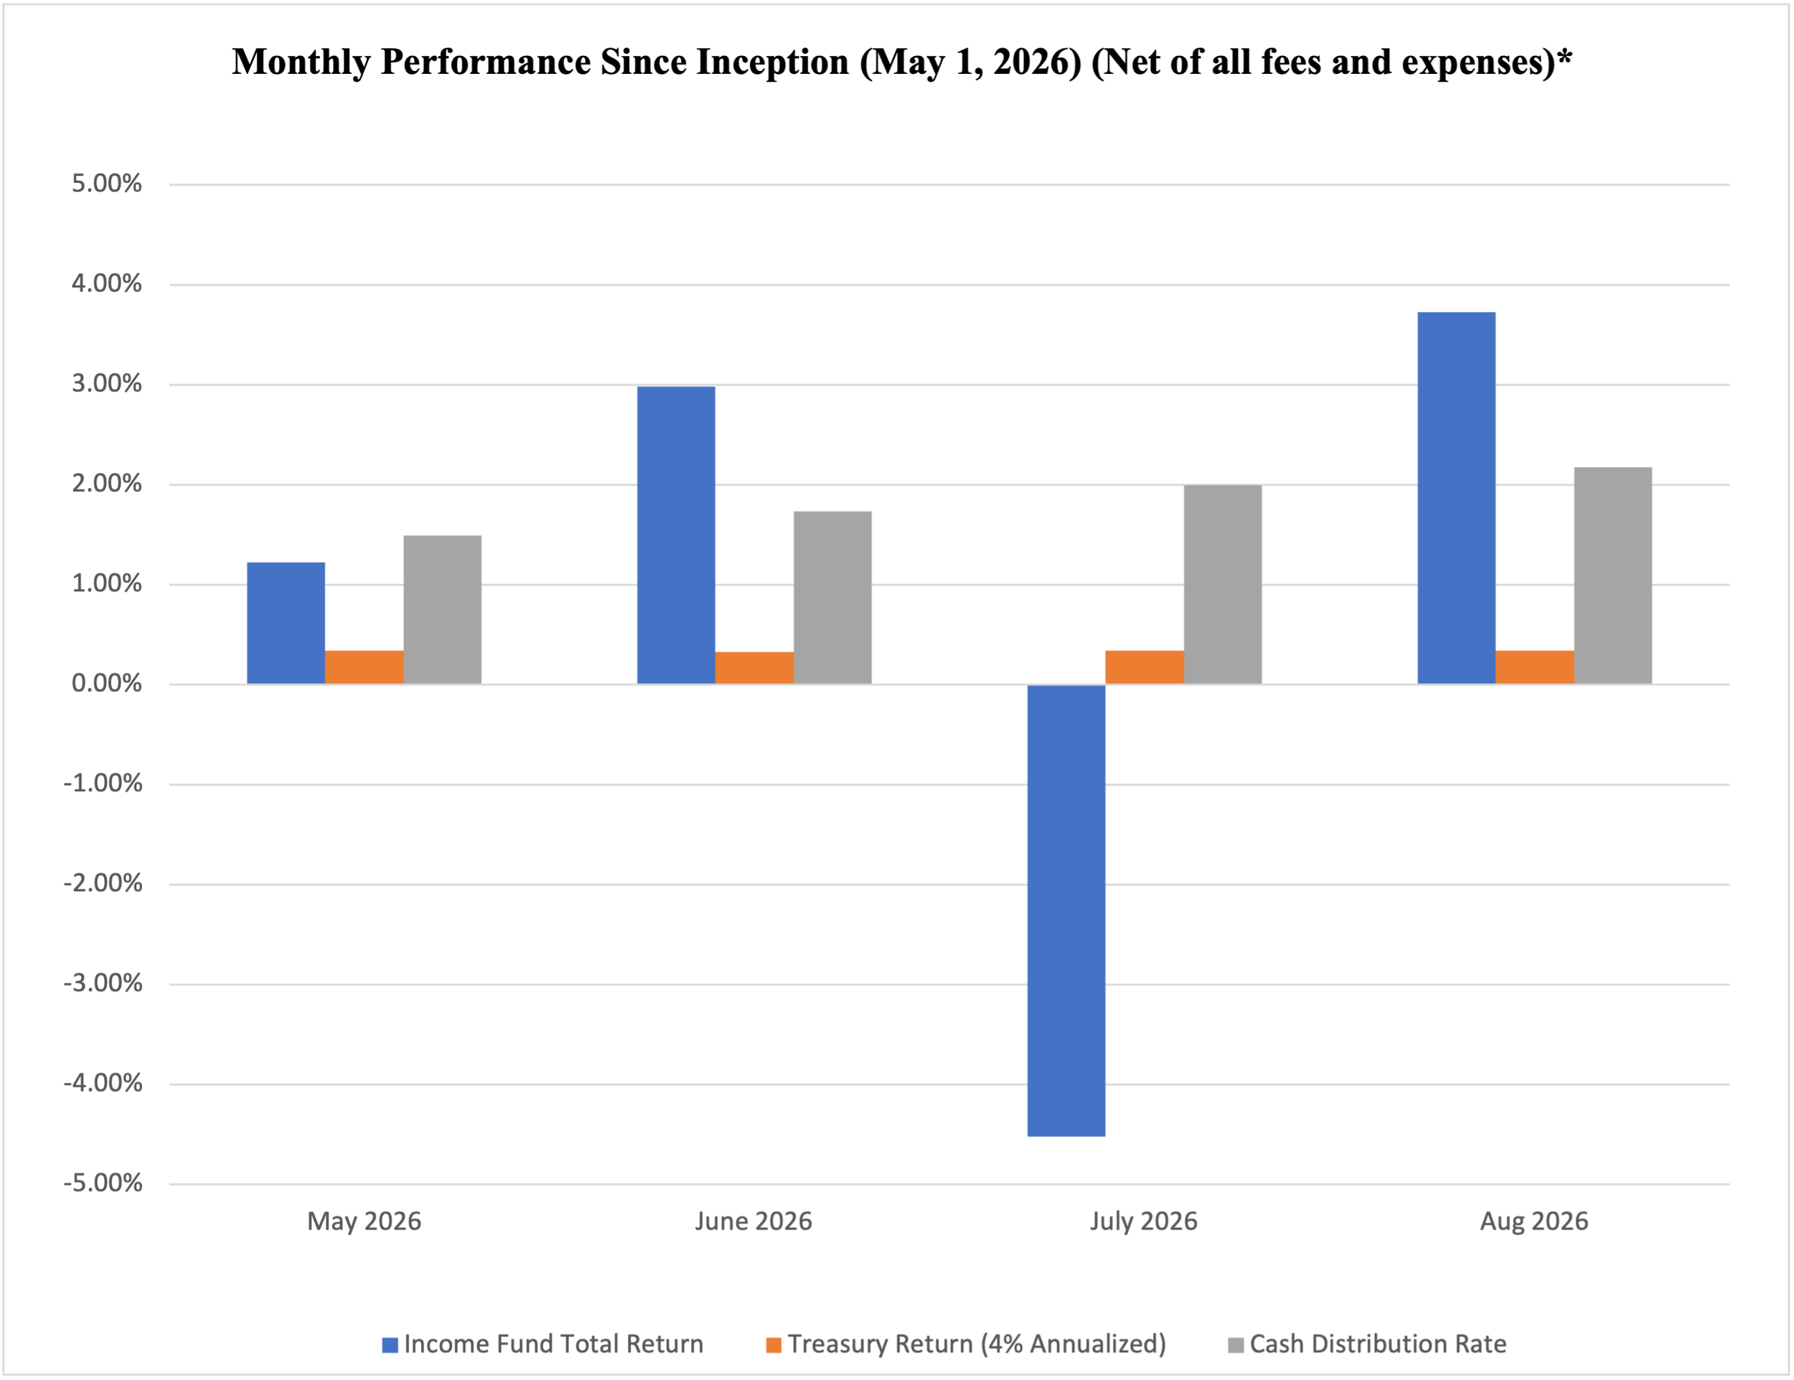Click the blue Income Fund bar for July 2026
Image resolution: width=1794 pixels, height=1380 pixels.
point(1066,910)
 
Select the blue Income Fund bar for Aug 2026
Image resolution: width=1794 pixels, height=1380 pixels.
point(1457,498)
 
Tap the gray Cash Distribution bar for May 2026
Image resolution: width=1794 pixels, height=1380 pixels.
point(442,609)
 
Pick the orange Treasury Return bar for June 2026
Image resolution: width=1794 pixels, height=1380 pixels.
point(754,668)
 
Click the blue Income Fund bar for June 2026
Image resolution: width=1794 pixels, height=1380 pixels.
point(676,535)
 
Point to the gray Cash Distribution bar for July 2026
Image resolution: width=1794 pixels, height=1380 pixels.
point(1222,584)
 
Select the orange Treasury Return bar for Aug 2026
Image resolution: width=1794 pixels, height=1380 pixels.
point(1534,667)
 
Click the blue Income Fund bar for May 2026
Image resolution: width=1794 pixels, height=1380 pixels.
point(286,623)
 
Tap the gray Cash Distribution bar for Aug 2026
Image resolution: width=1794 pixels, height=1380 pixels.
point(1612,575)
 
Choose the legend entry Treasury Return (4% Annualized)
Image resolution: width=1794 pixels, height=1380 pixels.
point(966,1344)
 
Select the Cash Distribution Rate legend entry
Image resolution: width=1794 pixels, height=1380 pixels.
point(1368,1344)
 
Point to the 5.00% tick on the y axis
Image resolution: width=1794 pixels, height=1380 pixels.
point(107,183)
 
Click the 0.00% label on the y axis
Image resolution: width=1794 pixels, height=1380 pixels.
point(107,683)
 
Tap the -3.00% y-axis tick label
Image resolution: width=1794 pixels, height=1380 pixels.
point(103,983)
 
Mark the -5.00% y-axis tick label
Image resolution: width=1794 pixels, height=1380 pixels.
point(103,1183)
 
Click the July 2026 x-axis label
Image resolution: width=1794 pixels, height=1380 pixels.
point(1143,1221)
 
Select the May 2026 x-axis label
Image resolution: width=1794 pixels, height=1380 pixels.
point(364,1221)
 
